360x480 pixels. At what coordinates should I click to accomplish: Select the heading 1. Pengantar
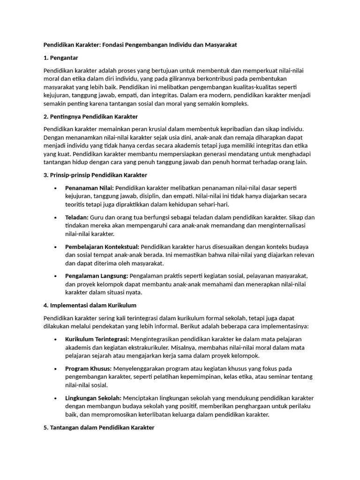60,58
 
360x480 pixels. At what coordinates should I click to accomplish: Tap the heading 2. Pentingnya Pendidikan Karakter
90,116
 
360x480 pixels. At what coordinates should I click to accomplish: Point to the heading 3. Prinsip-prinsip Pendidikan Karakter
95,175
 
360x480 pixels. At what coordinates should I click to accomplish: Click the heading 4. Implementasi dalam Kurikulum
90,305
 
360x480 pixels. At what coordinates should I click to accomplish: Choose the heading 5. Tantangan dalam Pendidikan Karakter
98,427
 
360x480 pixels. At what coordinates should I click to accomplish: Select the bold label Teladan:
77,217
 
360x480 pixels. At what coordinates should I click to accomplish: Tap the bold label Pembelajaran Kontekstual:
102,247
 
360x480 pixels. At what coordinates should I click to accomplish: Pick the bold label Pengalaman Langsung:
97,276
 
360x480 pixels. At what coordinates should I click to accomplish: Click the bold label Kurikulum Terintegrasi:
97,339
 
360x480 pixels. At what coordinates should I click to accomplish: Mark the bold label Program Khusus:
88,368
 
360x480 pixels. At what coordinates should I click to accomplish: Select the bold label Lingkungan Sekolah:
93,398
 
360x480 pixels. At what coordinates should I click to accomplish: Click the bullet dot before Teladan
55,218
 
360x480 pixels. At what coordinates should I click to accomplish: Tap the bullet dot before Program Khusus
55,369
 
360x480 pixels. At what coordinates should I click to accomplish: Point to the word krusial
172,129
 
